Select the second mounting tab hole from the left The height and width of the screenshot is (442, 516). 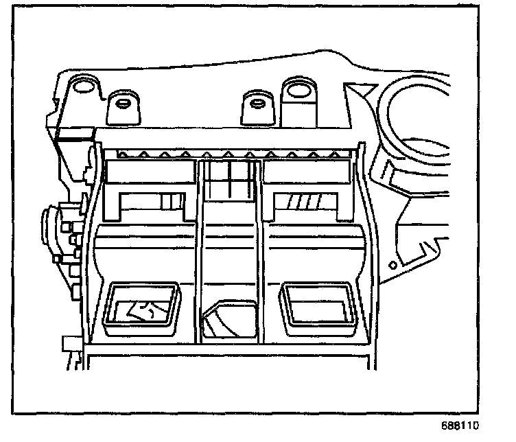124,104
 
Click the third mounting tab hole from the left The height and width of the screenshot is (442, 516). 257,104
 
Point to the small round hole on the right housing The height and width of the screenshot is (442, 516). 392,264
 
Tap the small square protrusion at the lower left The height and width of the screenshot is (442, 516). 69,343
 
